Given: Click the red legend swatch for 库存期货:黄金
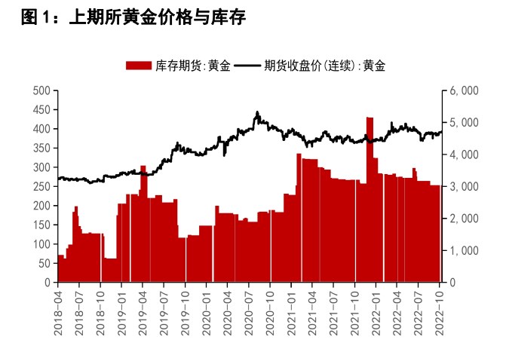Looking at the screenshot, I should click(139, 66).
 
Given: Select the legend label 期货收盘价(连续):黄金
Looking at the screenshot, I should click(324, 66).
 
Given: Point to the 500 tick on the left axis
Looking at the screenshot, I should click(42, 90).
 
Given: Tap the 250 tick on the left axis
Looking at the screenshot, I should click(42, 186).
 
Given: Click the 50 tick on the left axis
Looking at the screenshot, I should click(44, 263).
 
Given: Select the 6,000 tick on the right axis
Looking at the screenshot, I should click(464, 90).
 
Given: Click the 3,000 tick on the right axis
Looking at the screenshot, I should click(464, 186).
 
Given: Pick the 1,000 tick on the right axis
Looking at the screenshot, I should click(464, 250).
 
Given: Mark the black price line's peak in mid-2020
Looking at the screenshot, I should click(257, 113).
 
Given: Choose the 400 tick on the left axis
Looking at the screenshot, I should click(42, 129).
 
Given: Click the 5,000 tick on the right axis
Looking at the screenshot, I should click(464, 122).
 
